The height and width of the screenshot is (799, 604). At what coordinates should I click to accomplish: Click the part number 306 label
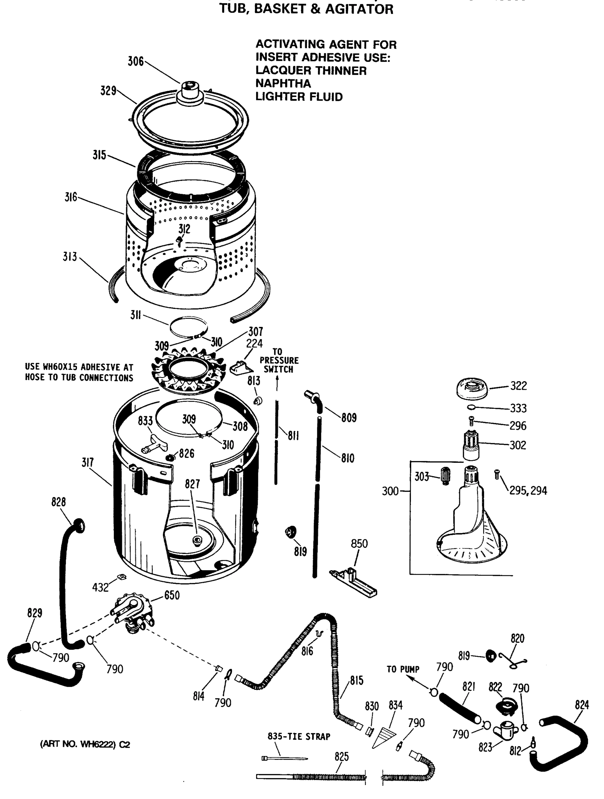coord(136,61)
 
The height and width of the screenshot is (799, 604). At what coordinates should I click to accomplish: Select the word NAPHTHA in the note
coord(283,84)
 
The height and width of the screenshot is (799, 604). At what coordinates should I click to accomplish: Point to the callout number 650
coord(171,595)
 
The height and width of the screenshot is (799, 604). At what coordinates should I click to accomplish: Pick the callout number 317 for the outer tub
coord(88,462)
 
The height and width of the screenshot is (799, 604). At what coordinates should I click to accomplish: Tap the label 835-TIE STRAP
coord(299,736)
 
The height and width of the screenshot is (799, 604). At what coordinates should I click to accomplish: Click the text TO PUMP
coord(403,669)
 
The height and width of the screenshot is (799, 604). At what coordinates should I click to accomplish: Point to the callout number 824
coord(582,705)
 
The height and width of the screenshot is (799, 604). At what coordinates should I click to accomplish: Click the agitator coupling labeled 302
coord(471,445)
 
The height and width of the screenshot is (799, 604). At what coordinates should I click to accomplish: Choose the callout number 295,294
coord(528,490)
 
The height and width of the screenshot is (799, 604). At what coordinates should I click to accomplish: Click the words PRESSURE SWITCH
coord(279,365)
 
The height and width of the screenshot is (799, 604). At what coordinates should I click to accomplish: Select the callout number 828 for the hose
coord(58,502)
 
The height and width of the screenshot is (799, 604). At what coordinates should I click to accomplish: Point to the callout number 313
coord(70,257)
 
